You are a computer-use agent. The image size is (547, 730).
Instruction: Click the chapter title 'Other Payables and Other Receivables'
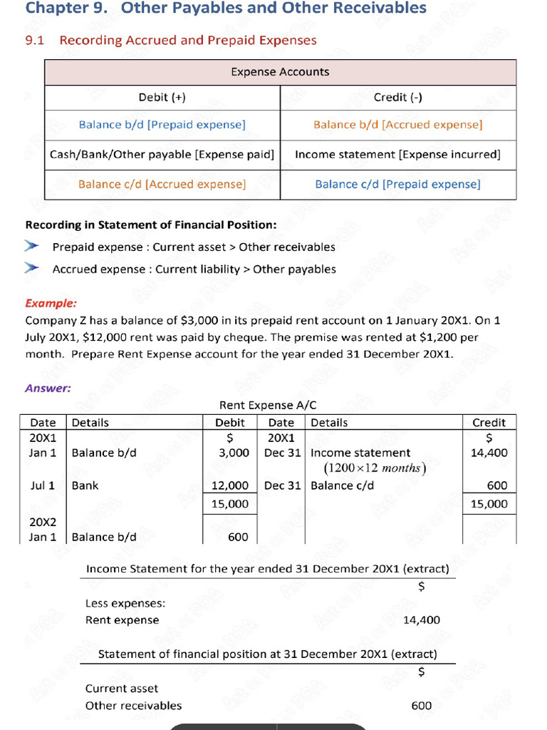click(x=274, y=9)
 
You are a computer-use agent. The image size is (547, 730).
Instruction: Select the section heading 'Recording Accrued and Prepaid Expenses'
click(x=188, y=41)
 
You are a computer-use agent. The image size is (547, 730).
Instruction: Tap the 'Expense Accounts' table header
click(x=280, y=72)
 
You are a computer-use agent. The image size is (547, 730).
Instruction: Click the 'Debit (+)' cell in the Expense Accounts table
click(x=162, y=98)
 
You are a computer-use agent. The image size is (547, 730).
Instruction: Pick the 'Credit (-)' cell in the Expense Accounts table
click(x=398, y=98)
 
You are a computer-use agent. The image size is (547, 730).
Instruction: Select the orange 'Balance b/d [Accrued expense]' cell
click(x=397, y=125)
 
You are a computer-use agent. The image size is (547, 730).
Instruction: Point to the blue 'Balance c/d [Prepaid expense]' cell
click(x=397, y=185)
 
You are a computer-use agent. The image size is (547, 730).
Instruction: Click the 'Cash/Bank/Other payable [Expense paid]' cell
click(x=162, y=155)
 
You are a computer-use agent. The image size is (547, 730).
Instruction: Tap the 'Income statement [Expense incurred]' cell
click(x=397, y=155)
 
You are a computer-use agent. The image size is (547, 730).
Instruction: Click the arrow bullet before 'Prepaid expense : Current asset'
click(x=32, y=247)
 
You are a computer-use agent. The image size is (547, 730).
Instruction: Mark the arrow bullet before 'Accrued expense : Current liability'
click(x=32, y=269)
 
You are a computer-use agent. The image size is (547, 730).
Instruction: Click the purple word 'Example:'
click(x=51, y=303)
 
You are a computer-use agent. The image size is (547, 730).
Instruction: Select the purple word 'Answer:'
click(x=48, y=389)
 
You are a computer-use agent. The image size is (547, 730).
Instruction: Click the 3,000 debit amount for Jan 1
click(x=234, y=453)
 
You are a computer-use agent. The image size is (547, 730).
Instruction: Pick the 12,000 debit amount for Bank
click(x=231, y=485)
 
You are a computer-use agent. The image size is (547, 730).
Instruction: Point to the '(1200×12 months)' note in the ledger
click(x=375, y=468)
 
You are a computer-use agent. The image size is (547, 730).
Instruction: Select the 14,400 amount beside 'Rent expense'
click(x=421, y=620)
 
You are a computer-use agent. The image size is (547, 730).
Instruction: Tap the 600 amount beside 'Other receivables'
click(x=422, y=706)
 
